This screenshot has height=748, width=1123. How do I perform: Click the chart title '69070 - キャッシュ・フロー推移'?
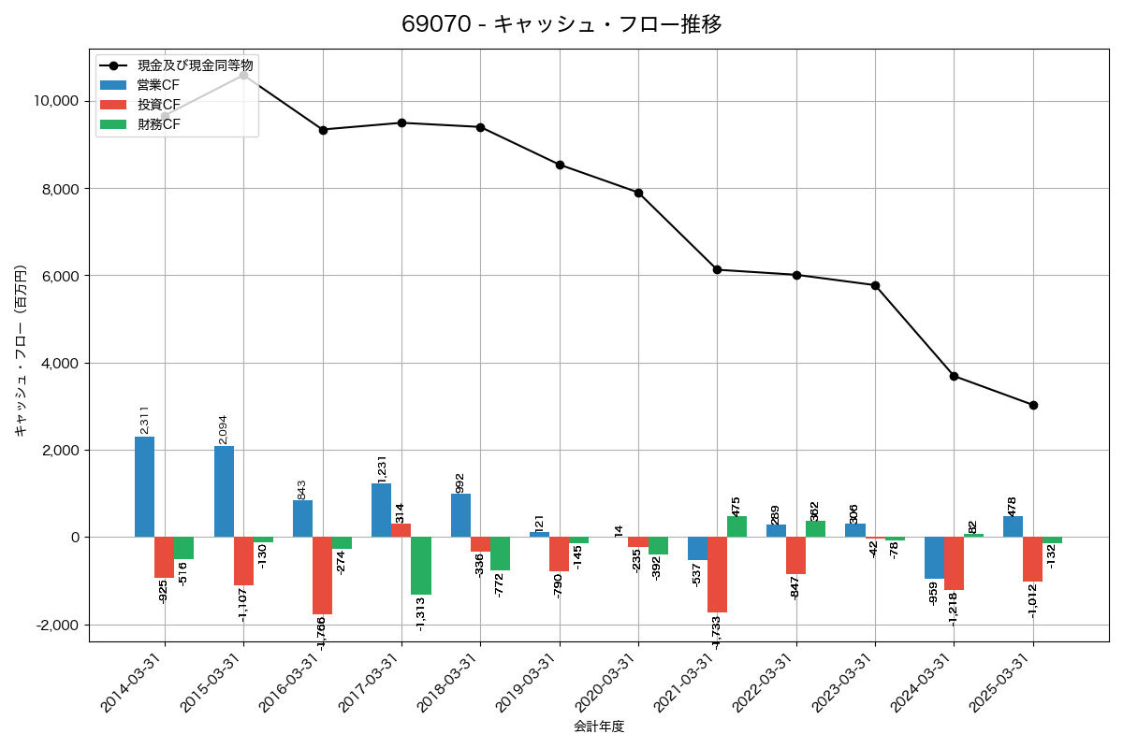(x=561, y=24)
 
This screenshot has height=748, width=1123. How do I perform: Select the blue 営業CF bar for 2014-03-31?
(x=144, y=487)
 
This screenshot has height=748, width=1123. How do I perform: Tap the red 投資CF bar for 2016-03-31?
(x=322, y=575)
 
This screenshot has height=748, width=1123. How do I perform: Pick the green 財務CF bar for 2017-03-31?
(x=421, y=566)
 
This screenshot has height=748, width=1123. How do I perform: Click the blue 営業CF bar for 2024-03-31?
(x=934, y=558)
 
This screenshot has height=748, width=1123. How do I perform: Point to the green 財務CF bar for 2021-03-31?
(x=737, y=526)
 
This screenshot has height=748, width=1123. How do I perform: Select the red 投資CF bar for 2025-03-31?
(x=1032, y=559)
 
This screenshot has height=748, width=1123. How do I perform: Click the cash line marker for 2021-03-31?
(x=717, y=269)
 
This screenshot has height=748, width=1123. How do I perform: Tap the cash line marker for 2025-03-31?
(x=1033, y=405)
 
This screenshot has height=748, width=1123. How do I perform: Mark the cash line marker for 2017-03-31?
(x=401, y=122)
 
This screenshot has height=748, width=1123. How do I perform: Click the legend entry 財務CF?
(x=158, y=124)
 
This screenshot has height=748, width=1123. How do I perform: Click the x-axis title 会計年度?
(x=599, y=726)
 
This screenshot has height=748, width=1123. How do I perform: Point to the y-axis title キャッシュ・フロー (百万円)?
(x=21, y=352)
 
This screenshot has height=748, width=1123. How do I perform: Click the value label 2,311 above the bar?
(x=144, y=420)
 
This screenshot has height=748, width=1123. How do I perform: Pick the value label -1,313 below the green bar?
(x=421, y=614)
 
